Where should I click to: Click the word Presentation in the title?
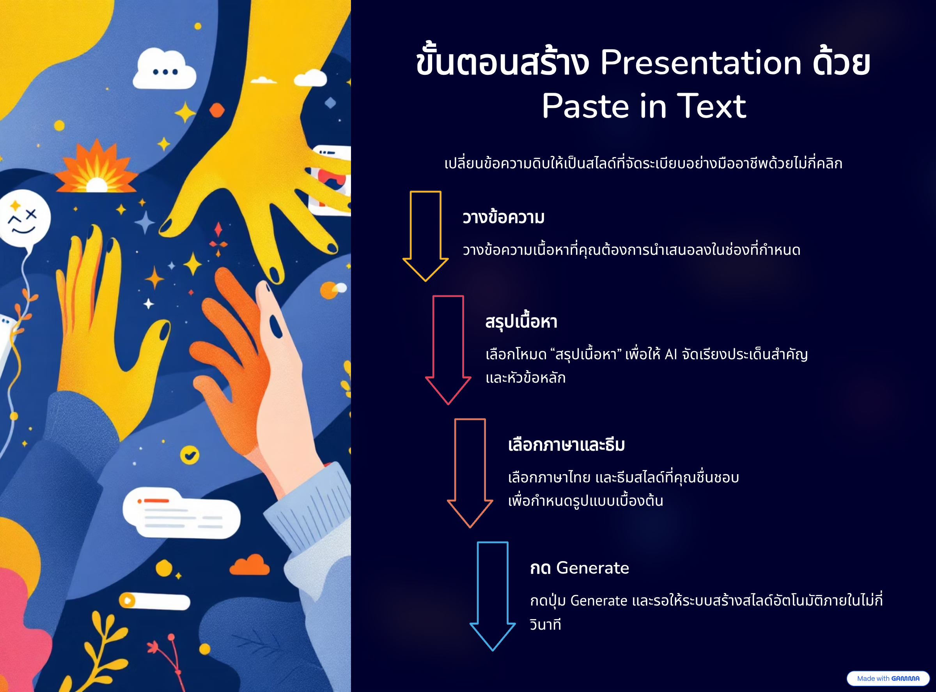pyautogui.click(x=700, y=63)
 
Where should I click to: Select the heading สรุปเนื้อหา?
pyautogui.click(x=521, y=322)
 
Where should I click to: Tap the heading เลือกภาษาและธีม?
pyautogui.click(x=566, y=445)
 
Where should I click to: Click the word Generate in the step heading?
pyautogui.click(x=592, y=568)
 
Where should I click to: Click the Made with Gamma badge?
pyautogui.click(x=888, y=679)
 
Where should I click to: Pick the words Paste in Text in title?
pyautogui.click(x=644, y=106)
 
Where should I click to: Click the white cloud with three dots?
pyautogui.click(x=164, y=69)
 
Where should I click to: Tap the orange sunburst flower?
pyautogui.click(x=96, y=168)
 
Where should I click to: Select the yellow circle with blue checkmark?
pyautogui.click(x=190, y=455)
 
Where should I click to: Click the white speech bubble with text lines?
pyautogui.click(x=181, y=513)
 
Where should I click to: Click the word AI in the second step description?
pyautogui.click(x=671, y=355)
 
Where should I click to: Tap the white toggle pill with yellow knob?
pyautogui.click(x=154, y=601)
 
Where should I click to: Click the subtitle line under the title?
pyautogui.click(x=643, y=163)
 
